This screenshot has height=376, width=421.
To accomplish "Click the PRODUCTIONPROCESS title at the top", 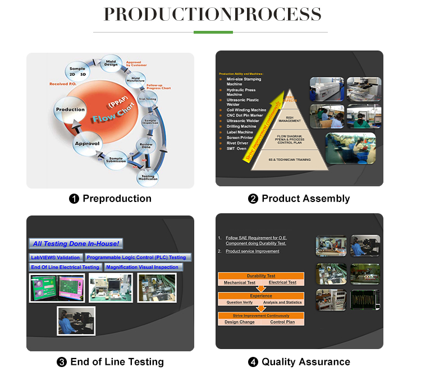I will point(213,14).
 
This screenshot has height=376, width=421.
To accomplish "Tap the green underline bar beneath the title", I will point(213,32).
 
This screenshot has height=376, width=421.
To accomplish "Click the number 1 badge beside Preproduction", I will point(74,199).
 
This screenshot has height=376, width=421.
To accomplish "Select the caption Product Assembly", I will point(305,199).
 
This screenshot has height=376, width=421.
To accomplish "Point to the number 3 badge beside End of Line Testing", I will point(62,362).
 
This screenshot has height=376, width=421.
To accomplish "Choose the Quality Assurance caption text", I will point(305,362).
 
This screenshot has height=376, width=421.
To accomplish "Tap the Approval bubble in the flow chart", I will point(88,144).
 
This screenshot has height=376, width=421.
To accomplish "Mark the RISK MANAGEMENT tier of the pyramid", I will point(290,118).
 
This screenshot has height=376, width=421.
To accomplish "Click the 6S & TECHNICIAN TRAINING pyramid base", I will point(290,159).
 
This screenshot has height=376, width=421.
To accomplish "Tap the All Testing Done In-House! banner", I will point(76,244).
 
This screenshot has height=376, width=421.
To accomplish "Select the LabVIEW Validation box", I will point(56,258).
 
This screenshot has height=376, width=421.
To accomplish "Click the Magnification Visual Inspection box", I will point(142,267).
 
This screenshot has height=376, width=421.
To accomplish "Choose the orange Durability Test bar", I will point(261,276).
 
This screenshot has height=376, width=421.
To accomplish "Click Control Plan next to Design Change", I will point(282,322).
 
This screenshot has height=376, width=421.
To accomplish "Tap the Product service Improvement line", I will point(253,251).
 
